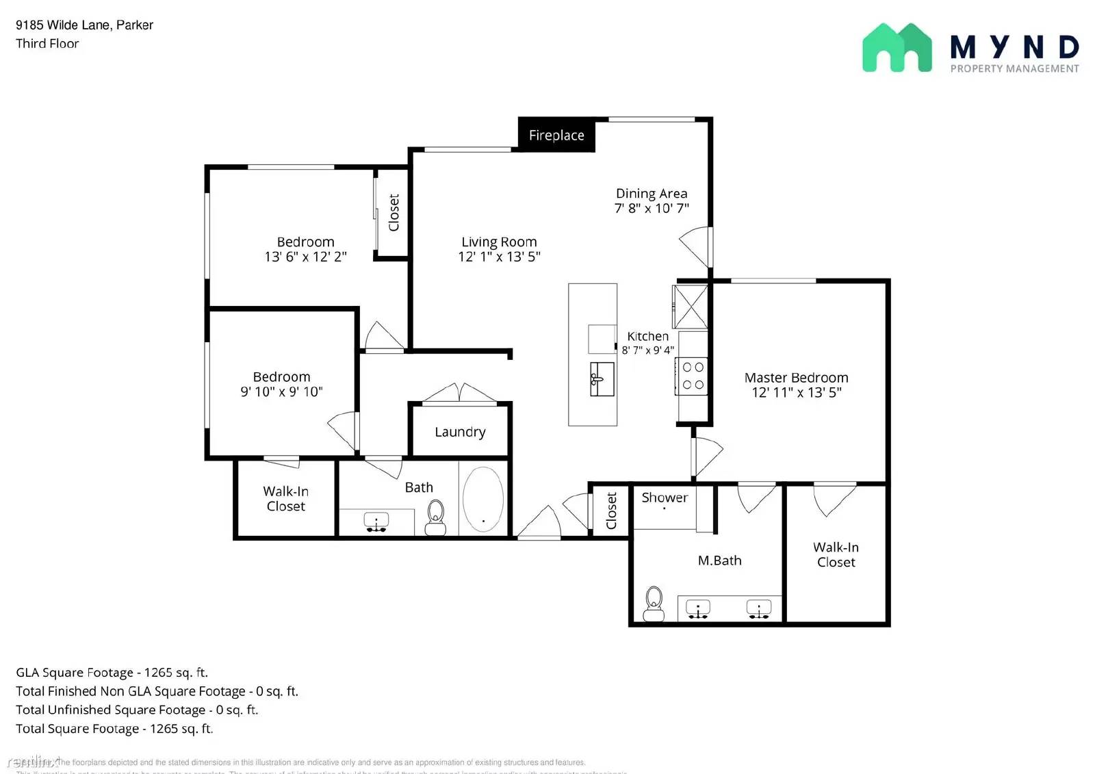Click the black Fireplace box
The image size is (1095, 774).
point(556,135)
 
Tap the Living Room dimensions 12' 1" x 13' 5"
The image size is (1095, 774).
point(499,257)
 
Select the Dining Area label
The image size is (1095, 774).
point(651,194)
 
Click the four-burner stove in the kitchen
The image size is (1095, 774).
point(693,376)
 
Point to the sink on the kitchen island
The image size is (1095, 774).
point(601,379)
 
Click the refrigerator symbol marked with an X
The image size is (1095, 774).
point(690,307)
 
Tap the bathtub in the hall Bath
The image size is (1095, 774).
point(483,499)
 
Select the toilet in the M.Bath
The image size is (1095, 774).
point(654,603)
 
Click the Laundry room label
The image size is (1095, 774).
point(460,432)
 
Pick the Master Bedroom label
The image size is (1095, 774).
point(796,378)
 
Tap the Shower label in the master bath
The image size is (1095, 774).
point(664,498)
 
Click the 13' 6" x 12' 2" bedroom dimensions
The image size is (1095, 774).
point(305,257)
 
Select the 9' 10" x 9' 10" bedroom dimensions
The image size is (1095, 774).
point(281,391)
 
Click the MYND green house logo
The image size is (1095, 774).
point(897,48)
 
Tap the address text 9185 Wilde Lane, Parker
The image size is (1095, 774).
point(84,25)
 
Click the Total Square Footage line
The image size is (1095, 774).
point(114,728)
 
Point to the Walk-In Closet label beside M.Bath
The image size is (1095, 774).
point(836,554)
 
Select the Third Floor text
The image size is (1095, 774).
point(47,43)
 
